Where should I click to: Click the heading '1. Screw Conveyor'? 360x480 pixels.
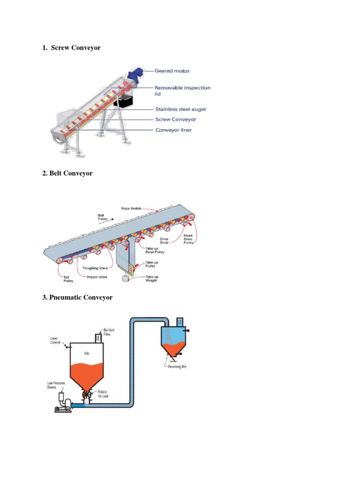tap(71, 48)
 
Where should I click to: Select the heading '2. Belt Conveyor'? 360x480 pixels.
tap(67, 173)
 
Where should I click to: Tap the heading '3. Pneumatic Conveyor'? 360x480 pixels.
tap(77, 297)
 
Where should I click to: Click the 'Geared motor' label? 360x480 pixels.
tap(172, 71)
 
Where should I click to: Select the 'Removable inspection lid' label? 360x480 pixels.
tap(183, 90)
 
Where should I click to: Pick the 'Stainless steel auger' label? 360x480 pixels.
tap(180, 109)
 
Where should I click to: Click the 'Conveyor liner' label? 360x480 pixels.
tap(173, 130)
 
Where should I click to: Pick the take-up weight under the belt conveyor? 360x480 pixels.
tap(125, 280)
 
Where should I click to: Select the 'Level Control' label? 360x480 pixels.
tap(56, 340)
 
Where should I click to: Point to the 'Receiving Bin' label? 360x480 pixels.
tap(177, 367)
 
